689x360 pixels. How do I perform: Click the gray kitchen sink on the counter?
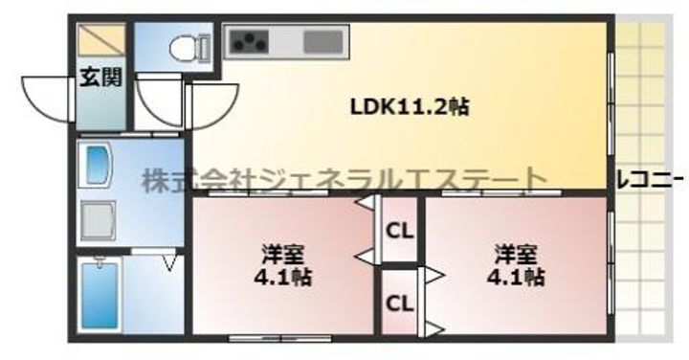coord(322,42)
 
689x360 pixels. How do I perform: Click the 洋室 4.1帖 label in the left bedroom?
coord(284,266)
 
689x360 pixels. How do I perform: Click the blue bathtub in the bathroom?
coord(99,296)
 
